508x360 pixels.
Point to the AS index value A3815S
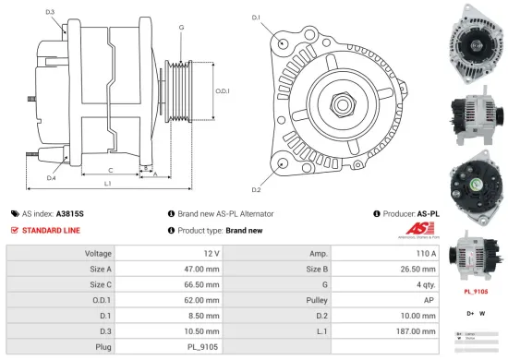70,211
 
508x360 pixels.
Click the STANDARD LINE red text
51,229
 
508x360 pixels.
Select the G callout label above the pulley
181,28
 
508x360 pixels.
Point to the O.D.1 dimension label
222,90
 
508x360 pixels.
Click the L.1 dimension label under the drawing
108,185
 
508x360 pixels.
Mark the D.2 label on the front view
256,189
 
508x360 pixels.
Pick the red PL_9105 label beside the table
476,292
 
